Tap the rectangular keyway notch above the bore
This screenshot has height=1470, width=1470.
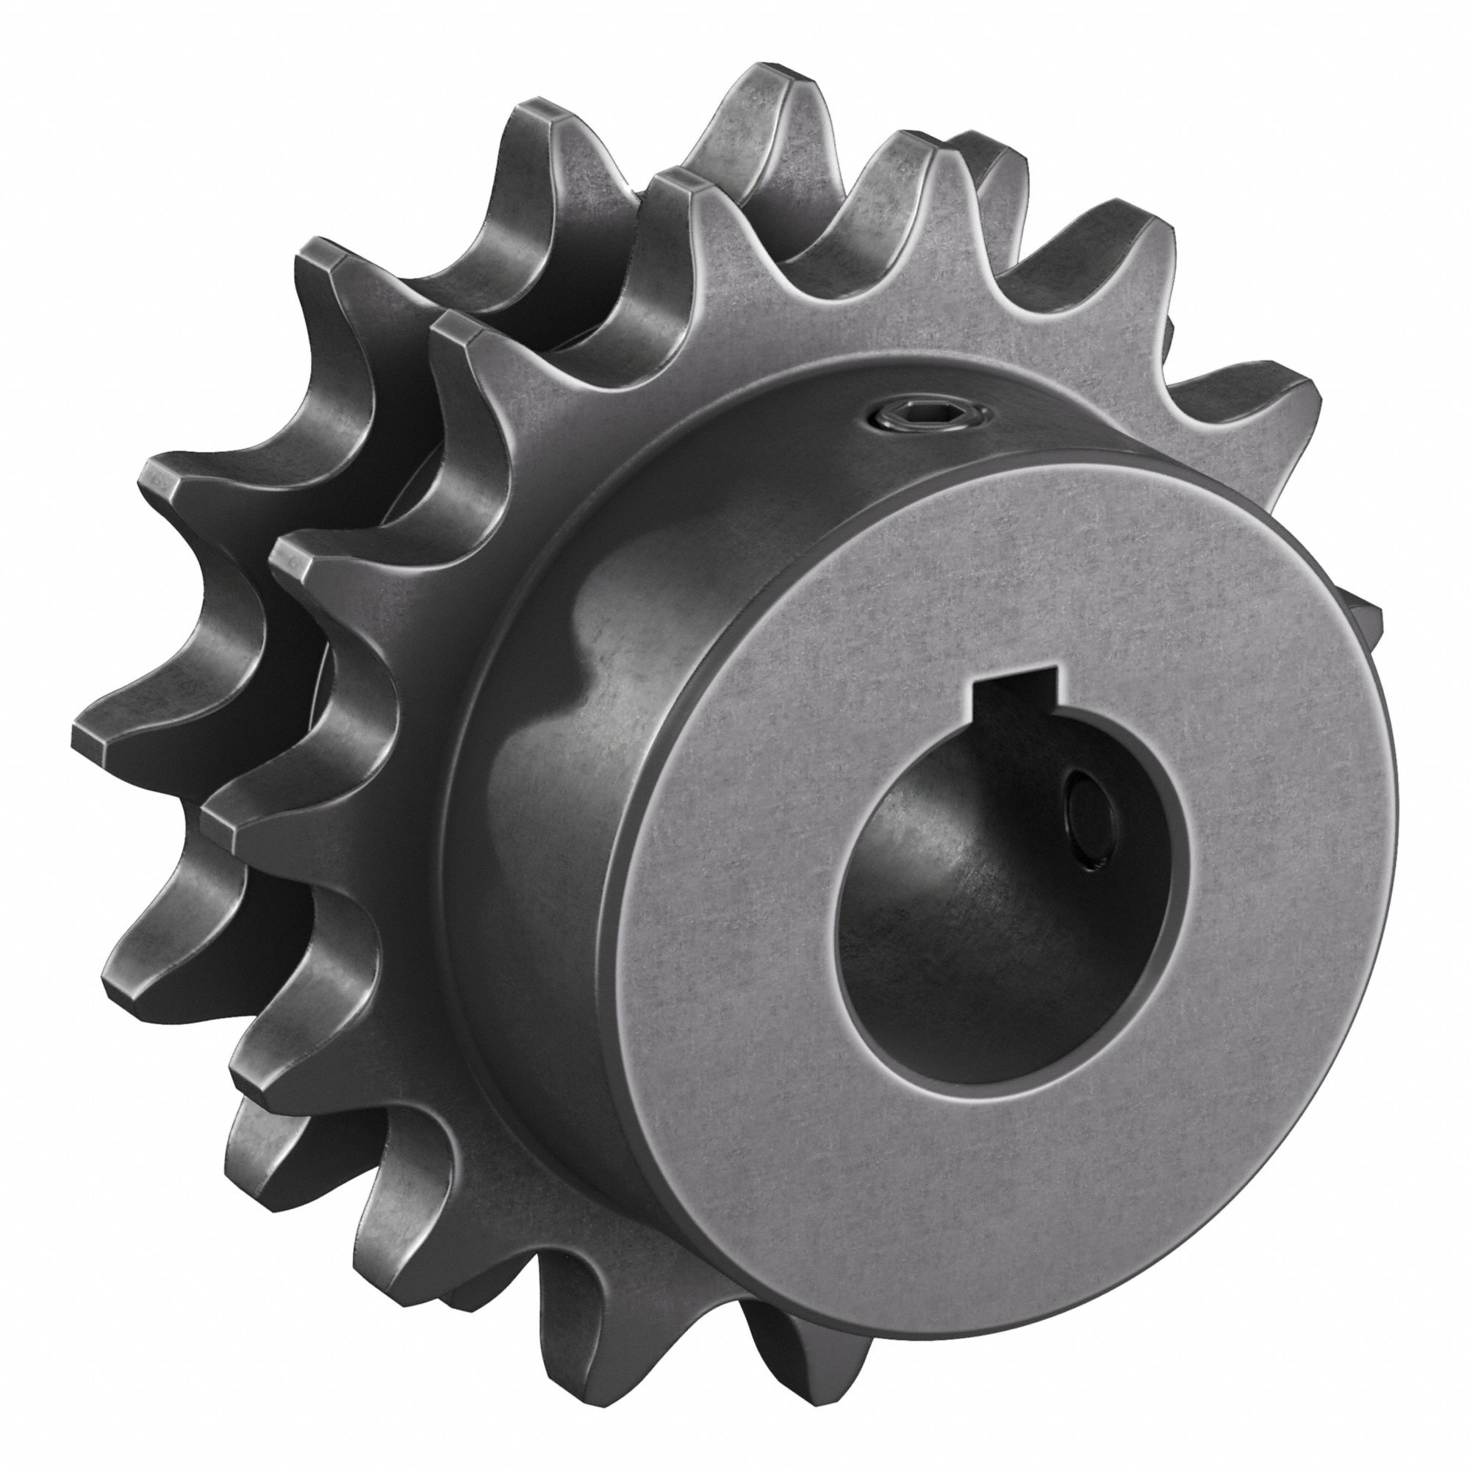click(1017, 686)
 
